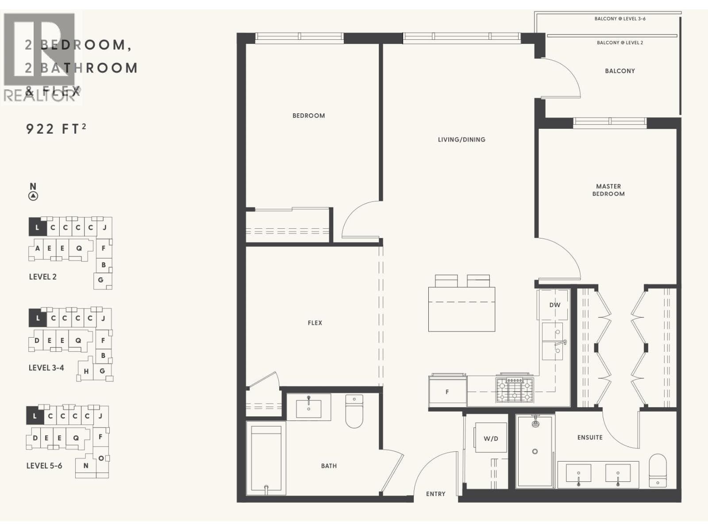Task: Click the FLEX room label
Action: point(315,323)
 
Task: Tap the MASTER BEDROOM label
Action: point(608,190)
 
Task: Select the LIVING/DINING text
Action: point(462,139)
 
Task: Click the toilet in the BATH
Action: point(354,412)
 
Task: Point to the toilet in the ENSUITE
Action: point(658,471)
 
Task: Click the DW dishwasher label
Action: point(554,305)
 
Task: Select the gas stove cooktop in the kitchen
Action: point(515,390)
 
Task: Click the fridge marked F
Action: point(447,392)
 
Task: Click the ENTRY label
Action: point(435,494)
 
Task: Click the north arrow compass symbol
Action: point(33,196)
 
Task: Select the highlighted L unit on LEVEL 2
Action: point(37,227)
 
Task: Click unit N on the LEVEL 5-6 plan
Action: point(86,466)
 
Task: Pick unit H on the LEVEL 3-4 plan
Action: point(86,371)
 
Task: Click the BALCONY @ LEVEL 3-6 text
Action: point(619,19)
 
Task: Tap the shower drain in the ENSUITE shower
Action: point(535,451)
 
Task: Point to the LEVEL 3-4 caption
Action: point(46,368)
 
